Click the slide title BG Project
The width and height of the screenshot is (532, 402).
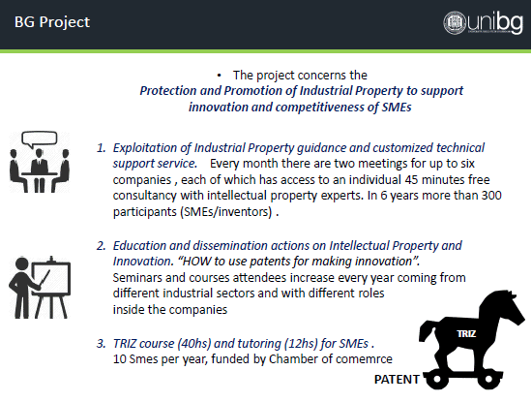[x=52, y=22]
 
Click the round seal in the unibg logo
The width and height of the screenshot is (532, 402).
[x=455, y=22]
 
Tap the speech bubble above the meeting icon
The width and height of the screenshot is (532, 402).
[x=40, y=139]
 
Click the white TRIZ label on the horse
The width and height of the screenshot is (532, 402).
[x=466, y=333]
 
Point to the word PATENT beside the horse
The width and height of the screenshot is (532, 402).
[x=397, y=379]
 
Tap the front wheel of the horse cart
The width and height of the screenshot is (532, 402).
[x=488, y=379]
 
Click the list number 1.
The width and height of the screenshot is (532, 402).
[x=101, y=148]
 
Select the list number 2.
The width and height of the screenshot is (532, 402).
[x=101, y=246]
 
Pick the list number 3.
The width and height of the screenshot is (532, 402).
[x=101, y=344]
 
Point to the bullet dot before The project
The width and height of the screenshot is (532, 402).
[x=220, y=76]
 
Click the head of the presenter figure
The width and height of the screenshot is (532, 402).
[x=22, y=265]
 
